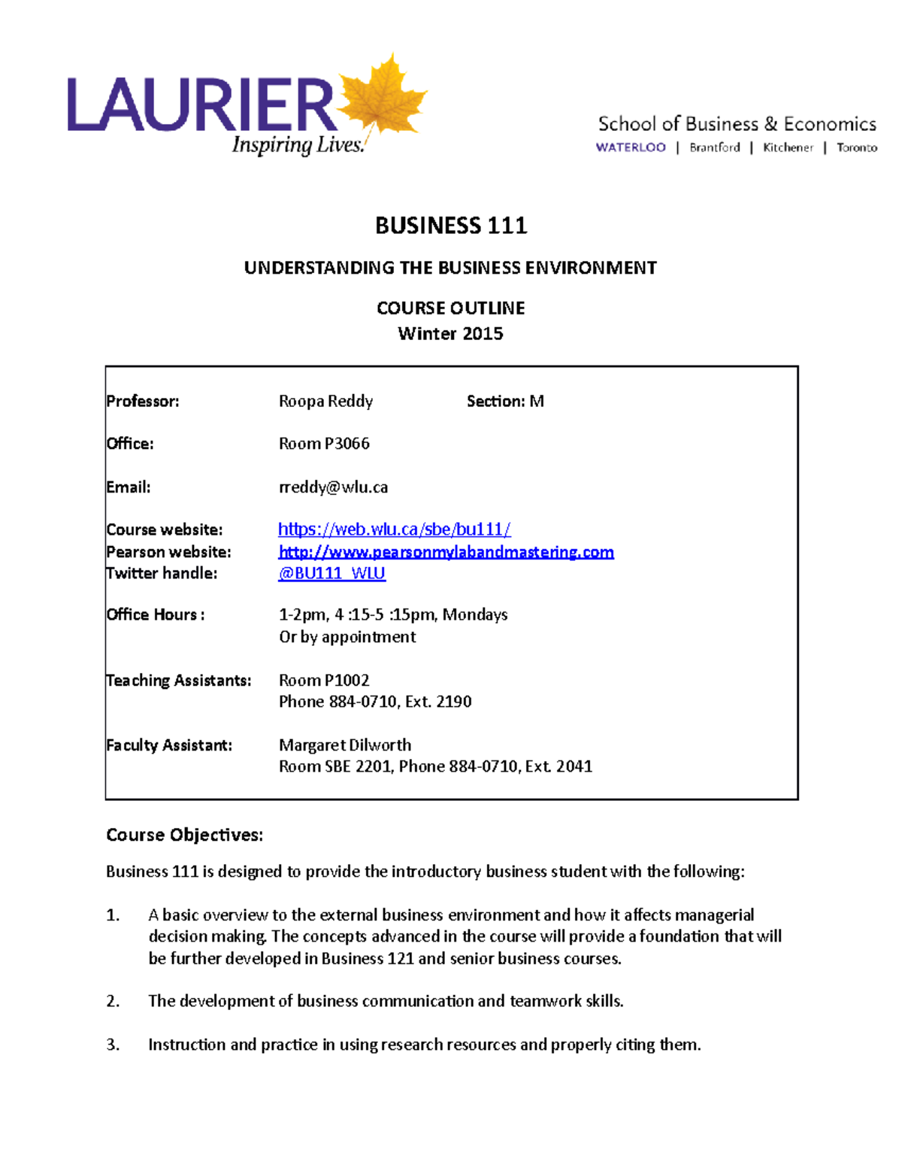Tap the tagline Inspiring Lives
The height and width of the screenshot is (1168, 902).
click(x=298, y=144)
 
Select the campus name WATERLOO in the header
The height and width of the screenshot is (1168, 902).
click(x=631, y=147)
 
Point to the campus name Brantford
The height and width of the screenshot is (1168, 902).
click(x=715, y=147)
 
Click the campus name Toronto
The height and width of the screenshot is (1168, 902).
click(x=856, y=147)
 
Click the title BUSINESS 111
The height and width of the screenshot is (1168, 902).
click(x=451, y=226)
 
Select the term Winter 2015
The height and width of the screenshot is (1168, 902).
click(x=450, y=333)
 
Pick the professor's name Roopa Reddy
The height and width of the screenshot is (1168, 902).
click(x=325, y=401)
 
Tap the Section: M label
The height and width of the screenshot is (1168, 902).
click(x=505, y=401)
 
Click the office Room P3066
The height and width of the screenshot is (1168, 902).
click(x=324, y=444)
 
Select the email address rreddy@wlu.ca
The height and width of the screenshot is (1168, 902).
click(x=333, y=487)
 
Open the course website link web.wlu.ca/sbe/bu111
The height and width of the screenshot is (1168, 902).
click(x=394, y=529)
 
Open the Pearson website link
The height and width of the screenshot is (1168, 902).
click(x=446, y=552)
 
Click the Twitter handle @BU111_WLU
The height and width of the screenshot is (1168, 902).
click(x=331, y=573)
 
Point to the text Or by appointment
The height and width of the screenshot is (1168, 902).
click(x=347, y=637)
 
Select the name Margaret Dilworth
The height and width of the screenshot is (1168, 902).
click(x=345, y=745)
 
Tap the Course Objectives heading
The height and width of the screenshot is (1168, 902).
click(x=184, y=835)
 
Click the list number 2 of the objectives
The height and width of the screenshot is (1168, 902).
click(x=113, y=1001)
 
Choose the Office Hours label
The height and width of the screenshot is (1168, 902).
click(x=155, y=614)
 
